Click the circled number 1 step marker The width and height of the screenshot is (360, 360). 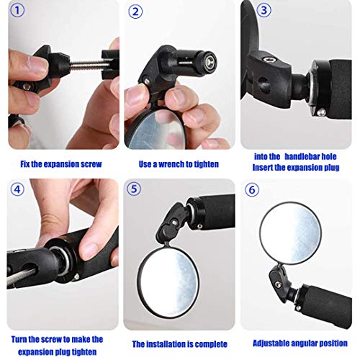click(x=17, y=11)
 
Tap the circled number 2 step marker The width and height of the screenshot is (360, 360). click(x=135, y=12)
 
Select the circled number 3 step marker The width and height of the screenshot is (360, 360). click(x=264, y=10)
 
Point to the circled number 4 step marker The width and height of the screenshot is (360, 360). click(x=17, y=189)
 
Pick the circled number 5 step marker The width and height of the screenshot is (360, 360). click(x=134, y=189)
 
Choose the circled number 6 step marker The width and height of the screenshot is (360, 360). click(x=252, y=190)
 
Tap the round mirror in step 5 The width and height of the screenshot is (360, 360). click(x=168, y=280)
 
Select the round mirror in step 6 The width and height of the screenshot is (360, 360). click(x=290, y=233)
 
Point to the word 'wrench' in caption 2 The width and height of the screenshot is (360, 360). click(x=172, y=164)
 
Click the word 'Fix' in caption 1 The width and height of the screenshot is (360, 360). click(x=25, y=164)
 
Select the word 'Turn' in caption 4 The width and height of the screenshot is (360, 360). click(x=19, y=339)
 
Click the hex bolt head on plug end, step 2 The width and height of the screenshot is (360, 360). click(x=210, y=61)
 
